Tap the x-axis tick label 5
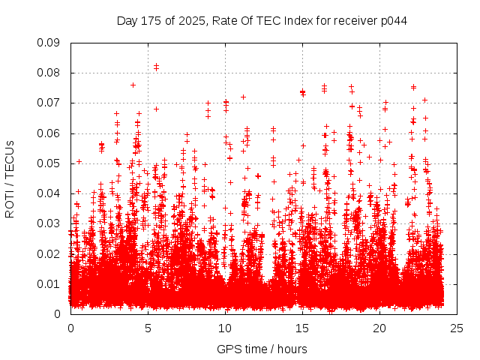(x=148, y=328)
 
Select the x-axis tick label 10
(x=225, y=328)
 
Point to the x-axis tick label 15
(x=302, y=328)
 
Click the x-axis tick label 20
(x=379, y=328)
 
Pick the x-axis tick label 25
(x=457, y=328)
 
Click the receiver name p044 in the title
(x=392, y=20)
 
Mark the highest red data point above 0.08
(x=156, y=65)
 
